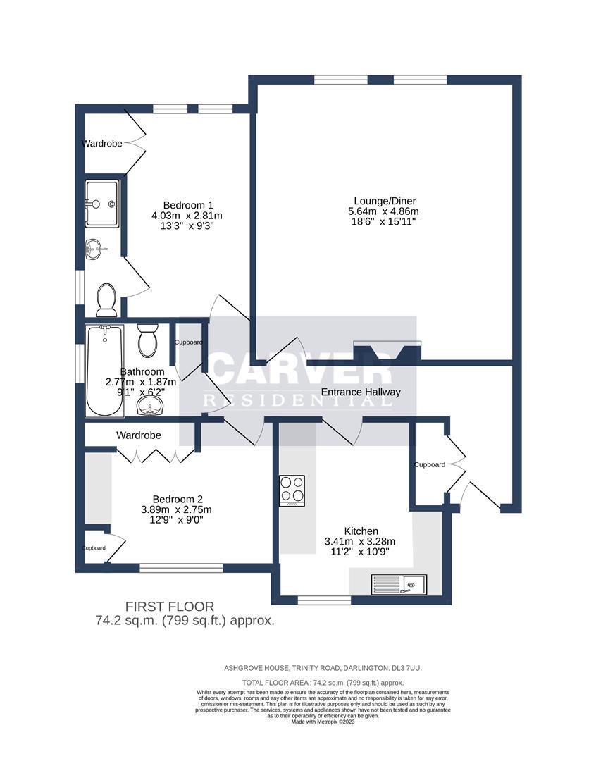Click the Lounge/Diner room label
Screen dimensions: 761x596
click(x=383, y=199)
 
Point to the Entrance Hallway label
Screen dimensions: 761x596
click(x=361, y=392)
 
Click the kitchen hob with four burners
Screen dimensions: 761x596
click(x=292, y=490)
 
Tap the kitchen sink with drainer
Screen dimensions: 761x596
click(x=398, y=583)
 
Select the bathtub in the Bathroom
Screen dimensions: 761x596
click(x=104, y=369)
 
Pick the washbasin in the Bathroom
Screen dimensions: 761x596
click(x=149, y=404)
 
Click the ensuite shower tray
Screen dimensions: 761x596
click(x=102, y=204)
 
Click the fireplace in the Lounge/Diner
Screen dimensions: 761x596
click(x=387, y=350)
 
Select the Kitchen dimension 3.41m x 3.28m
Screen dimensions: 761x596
click(x=360, y=542)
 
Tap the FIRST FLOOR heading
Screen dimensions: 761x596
click(x=169, y=606)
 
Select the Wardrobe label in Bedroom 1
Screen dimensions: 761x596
click(x=102, y=143)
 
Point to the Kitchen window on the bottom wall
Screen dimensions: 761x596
click(x=324, y=600)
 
